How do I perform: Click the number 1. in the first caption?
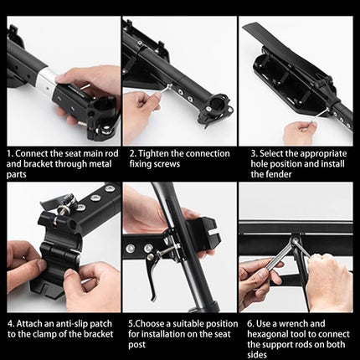[x=10, y=153]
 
